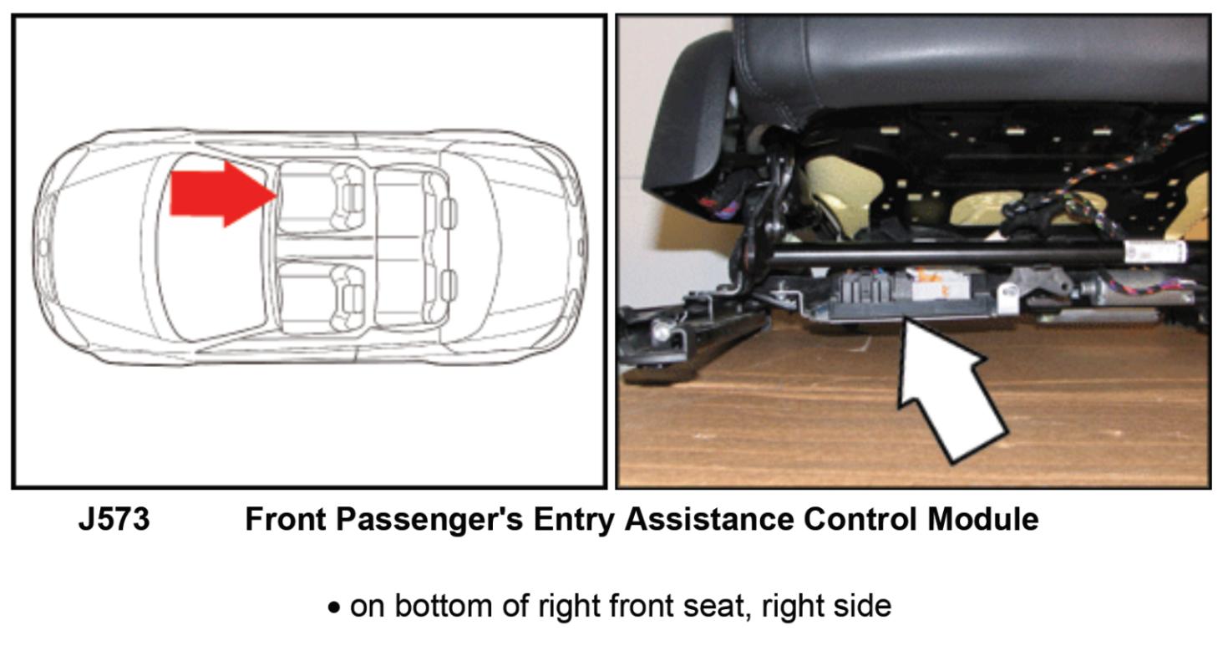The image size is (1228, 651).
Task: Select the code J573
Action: pyautogui.click(x=114, y=519)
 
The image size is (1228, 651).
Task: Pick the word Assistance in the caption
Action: pyautogui.click(x=709, y=519)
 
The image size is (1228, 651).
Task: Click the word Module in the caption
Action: pyautogui.click(x=983, y=519)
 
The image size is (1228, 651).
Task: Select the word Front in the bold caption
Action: pyautogui.click(x=285, y=519)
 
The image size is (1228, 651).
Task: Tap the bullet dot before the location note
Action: pyautogui.click(x=333, y=608)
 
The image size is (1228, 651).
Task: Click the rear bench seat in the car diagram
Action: pyautogui.click(x=408, y=247)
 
